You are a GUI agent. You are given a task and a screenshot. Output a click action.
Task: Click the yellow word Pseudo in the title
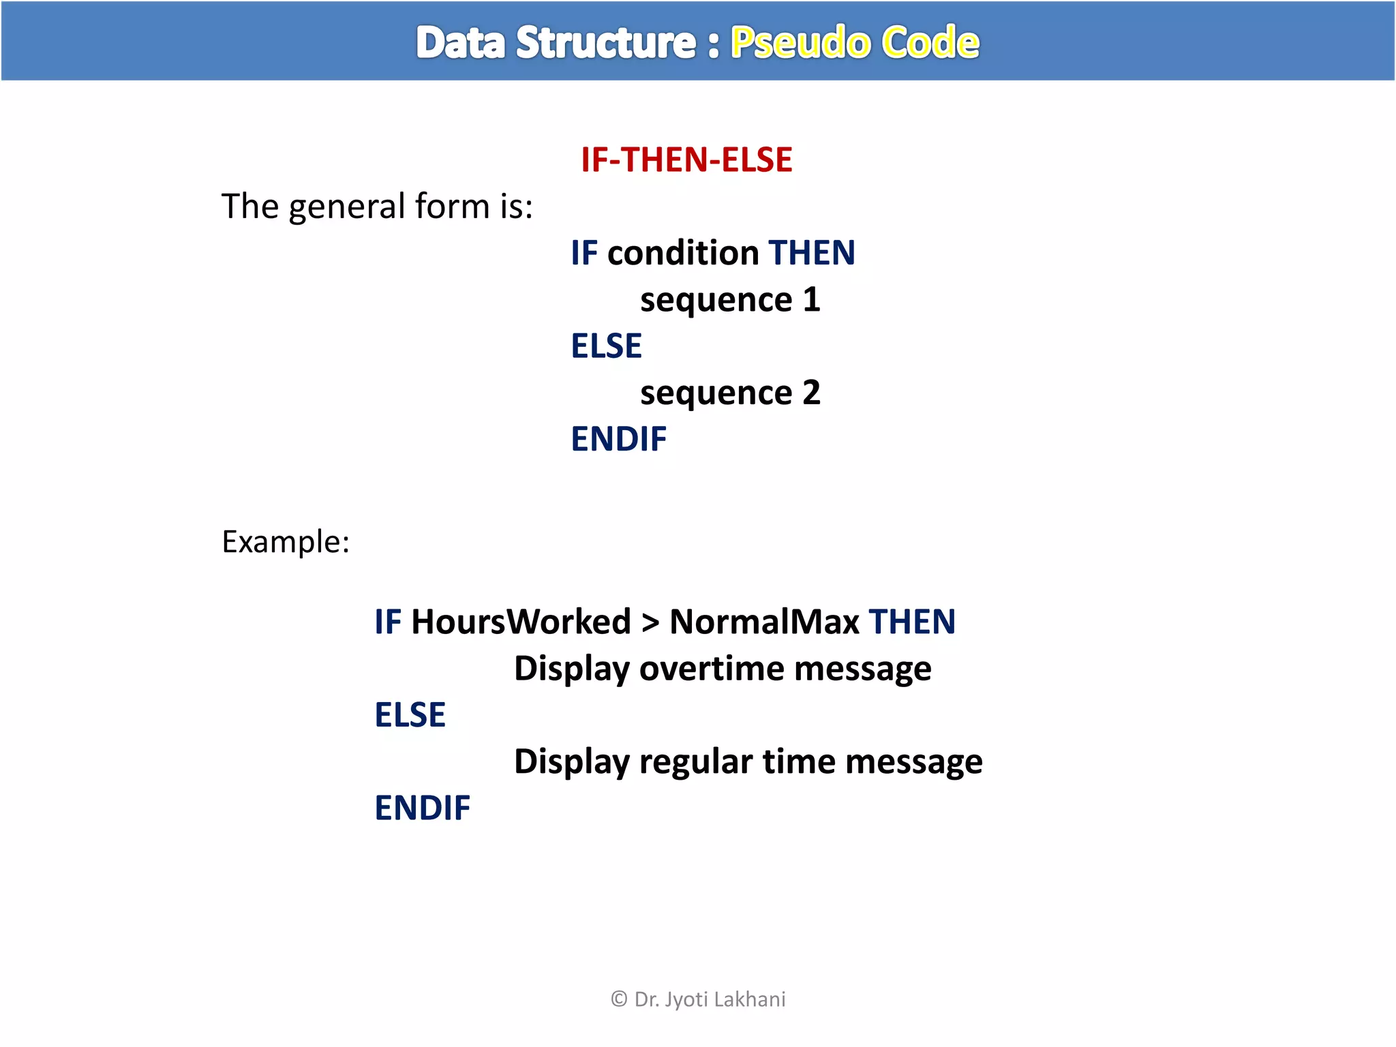coord(801,43)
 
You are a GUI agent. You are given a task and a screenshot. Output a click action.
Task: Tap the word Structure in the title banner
coord(605,43)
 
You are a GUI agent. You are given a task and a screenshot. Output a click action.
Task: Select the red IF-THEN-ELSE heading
coord(686,160)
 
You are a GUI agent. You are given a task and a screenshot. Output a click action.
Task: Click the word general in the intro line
coord(347,207)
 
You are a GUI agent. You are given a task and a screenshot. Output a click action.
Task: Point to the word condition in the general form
coord(683,253)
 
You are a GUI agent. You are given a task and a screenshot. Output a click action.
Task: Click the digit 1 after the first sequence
coord(811,299)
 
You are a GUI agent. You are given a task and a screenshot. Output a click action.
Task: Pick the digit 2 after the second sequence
coord(811,393)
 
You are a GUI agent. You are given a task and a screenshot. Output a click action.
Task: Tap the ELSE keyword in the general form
coord(606,346)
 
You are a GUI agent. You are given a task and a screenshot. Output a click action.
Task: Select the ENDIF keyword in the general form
coord(618,439)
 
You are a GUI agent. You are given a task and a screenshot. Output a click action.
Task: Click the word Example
coord(285,543)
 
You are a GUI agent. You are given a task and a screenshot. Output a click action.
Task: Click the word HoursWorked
coord(521,622)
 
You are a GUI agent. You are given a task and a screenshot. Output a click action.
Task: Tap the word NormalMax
coord(764,622)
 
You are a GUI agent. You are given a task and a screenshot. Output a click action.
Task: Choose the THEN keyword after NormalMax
coord(912,622)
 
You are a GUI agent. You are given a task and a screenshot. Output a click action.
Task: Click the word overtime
coord(712,669)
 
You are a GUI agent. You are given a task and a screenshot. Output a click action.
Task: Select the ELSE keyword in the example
coord(410,715)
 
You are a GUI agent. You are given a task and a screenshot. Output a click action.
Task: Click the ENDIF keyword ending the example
coord(422,808)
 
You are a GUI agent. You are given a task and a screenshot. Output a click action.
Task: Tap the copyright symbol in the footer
coord(619,999)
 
